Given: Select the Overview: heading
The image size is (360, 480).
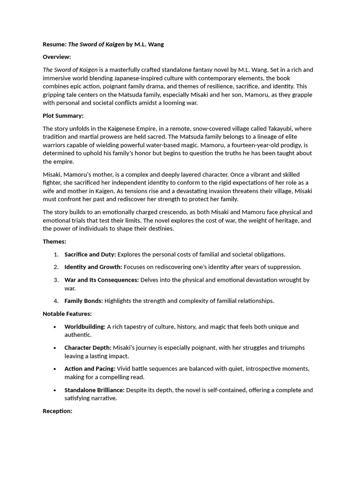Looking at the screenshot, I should [x=57, y=57].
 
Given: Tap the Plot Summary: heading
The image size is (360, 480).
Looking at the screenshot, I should [x=63, y=116].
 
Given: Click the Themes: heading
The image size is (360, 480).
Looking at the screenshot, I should [x=54, y=241].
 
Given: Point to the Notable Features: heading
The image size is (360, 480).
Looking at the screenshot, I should [x=67, y=314].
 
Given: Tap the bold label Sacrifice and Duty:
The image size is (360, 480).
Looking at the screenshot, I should [x=90, y=255].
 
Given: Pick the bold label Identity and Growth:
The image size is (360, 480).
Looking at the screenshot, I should [x=93, y=267].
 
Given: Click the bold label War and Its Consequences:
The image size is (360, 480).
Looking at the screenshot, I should [x=102, y=280].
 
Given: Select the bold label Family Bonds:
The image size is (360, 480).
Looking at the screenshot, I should [x=83, y=301].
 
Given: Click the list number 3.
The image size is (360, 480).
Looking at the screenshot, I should [x=56, y=280].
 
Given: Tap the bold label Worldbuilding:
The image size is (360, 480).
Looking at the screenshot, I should [x=85, y=326].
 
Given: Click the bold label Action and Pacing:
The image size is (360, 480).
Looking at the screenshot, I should [x=90, y=368].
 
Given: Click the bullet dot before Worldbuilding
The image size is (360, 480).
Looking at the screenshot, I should [x=55, y=327].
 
